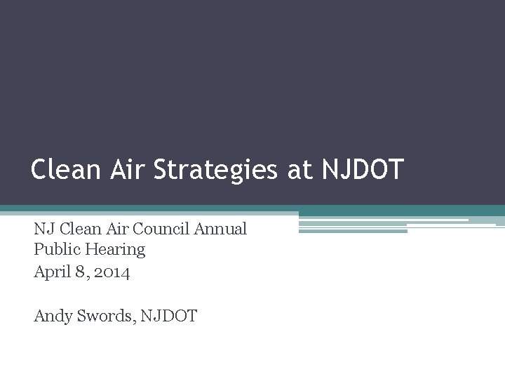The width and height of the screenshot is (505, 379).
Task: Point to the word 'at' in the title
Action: point(298,170)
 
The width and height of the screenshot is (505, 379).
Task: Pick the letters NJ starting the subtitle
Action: point(43,229)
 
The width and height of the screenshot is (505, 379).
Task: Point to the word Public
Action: point(55,249)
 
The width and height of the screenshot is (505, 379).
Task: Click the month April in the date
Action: point(53,272)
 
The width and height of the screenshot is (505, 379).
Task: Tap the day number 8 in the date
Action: point(84,272)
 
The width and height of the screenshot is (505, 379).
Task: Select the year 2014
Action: point(112,272)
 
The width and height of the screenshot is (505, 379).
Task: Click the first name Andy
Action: point(53,317)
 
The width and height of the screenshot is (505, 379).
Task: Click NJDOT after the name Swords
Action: point(169,316)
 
